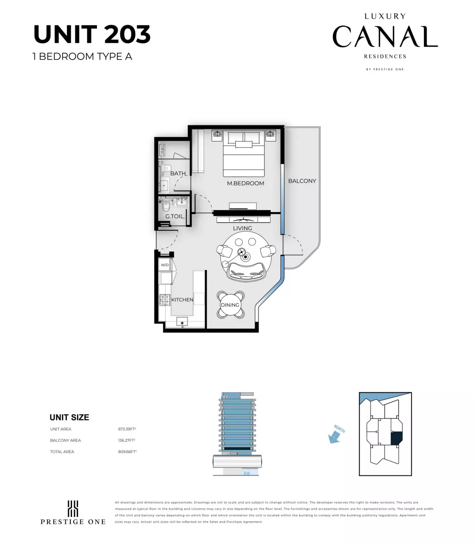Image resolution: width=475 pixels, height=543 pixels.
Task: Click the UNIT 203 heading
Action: [92, 35]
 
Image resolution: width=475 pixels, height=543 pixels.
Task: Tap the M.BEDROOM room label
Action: [245, 183]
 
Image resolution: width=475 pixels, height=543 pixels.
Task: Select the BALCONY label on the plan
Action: [302, 181]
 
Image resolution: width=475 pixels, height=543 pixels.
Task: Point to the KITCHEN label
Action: [182, 300]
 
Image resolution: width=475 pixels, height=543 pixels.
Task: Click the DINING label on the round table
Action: [230, 305]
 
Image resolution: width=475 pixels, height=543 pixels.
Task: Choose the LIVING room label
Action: [242, 228]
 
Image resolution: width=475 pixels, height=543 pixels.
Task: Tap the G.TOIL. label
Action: [175, 217]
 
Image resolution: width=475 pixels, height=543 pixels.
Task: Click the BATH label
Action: [178, 173]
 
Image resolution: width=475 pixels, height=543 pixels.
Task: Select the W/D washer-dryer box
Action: [165, 265]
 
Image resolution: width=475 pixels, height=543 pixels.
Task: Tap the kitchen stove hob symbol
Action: [164, 300]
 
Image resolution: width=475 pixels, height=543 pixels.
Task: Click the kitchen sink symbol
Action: [182, 323]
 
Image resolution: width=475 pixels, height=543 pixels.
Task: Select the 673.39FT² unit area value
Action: [127, 429]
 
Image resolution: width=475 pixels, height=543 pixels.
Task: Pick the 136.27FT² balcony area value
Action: [127, 441]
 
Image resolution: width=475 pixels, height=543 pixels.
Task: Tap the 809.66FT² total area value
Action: [127, 452]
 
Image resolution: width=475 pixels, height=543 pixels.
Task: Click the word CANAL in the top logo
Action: [385, 37]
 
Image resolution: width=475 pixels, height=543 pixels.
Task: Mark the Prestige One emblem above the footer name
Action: [73, 508]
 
